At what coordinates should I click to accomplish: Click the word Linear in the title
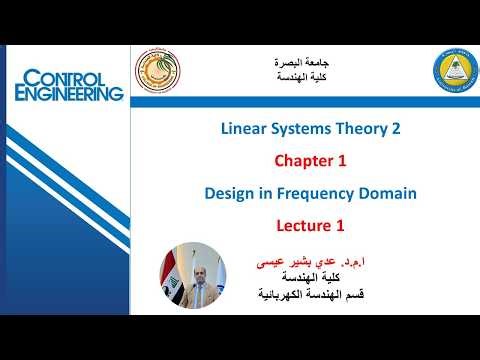click(244, 129)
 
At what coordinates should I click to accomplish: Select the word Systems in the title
click(298, 129)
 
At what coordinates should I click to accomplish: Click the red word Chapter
click(294, 159)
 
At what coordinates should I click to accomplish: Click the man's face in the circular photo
click(194, 261)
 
